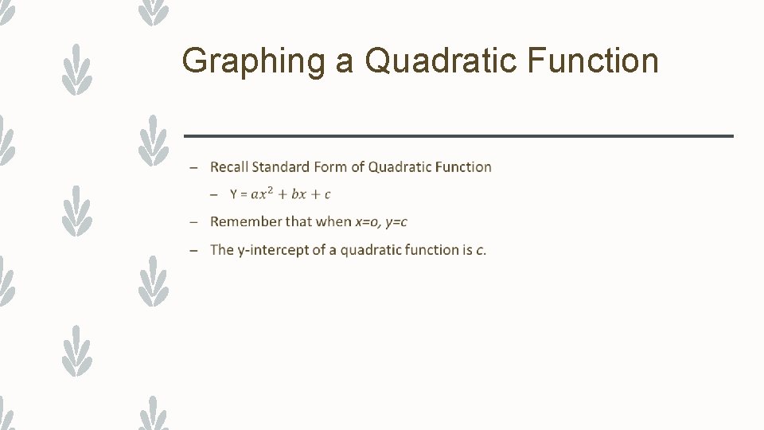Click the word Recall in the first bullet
click(229, 167)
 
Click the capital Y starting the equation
click(233, 194)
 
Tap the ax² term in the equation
click(263, 193)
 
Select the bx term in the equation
click(299, 194)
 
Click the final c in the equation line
click(327, 195)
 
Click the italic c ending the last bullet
click(479, 250)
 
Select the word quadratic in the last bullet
click(370, 250)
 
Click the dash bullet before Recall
click(193, 168)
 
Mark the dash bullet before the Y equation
click(214, 195)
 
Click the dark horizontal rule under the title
click(458, 136)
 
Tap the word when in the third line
click(333, 222)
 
